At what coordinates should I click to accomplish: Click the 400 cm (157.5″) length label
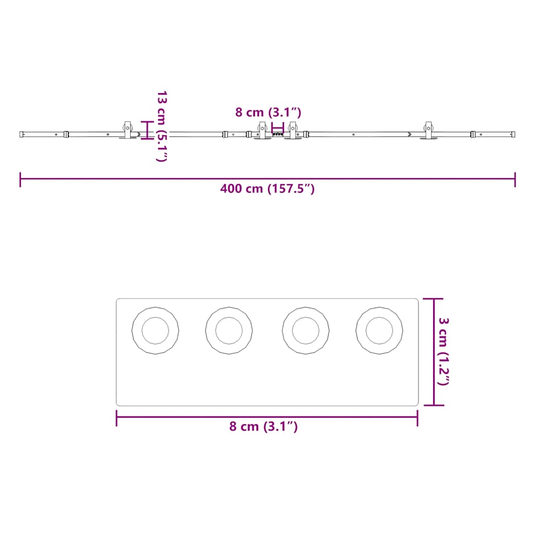[x=267, y=189]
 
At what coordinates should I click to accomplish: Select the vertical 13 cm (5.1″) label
[x=161, y=126]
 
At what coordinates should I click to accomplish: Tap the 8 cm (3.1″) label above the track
[x=268, y=112]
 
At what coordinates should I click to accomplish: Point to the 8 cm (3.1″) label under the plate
[x=263, y=426]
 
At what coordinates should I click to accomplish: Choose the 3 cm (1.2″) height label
[x=444, y=352]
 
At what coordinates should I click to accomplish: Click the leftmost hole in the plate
[x=155, y=331]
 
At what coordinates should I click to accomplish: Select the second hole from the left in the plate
[x=229, y=331]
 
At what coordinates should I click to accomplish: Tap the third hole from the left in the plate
[x=306, y=331]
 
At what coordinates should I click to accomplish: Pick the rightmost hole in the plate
[x=379, y=331]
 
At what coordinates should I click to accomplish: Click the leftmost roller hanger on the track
[x=127, y=130]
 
